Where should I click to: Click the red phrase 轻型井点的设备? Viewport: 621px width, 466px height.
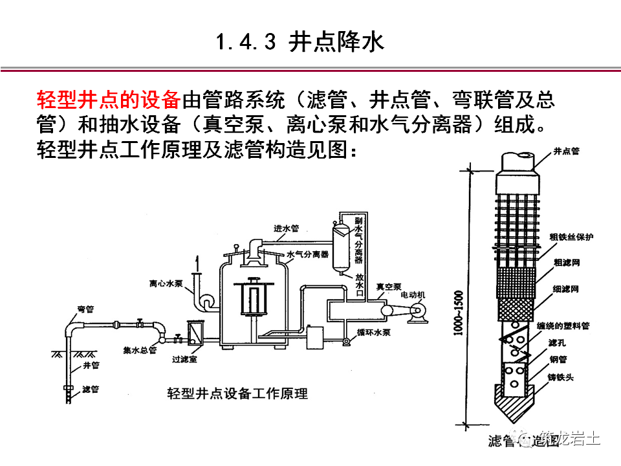click(108, 101)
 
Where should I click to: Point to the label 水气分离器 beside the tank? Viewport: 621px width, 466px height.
click(307, 254)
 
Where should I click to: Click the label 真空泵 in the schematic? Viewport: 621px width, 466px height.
click(390, 285)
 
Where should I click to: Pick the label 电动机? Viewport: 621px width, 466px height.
click(413, 294)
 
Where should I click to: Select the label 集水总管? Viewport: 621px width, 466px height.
click(140, 350)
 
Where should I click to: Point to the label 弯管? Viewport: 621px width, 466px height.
click(85, 309)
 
